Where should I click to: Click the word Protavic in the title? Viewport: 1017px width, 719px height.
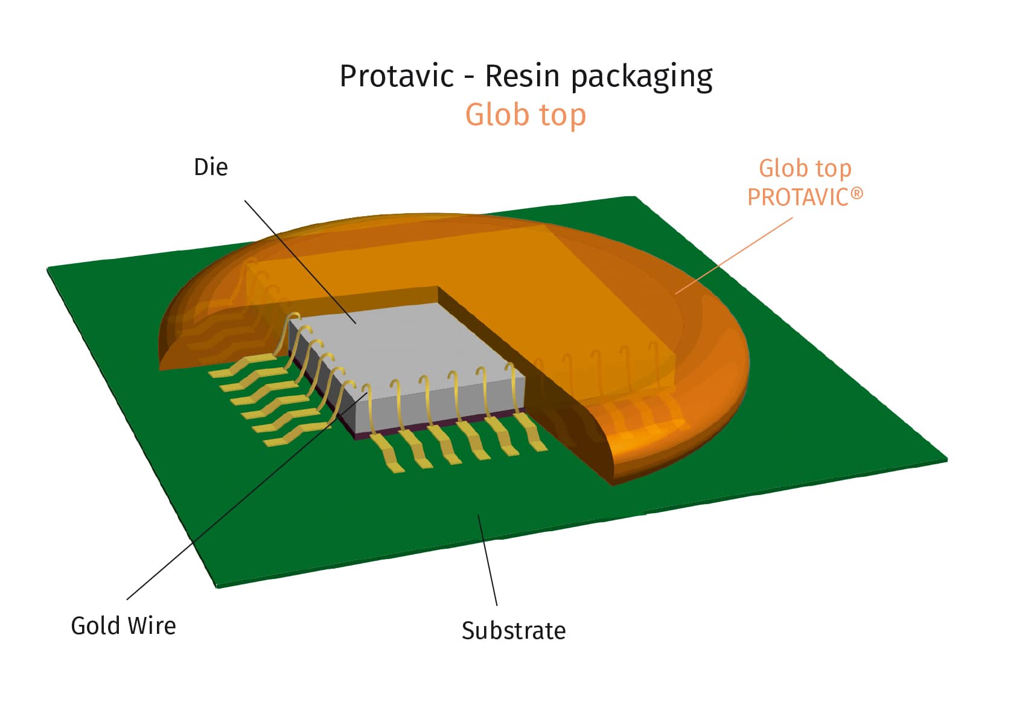coord(397,76)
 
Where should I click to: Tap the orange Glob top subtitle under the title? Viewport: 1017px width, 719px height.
coord(525,115)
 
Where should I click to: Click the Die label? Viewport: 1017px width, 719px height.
coord(211,167)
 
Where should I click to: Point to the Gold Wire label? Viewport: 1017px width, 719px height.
coord(123,625)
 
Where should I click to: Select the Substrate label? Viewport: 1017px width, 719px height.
coord(514,630)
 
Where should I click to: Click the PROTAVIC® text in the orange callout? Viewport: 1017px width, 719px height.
coord(797,197)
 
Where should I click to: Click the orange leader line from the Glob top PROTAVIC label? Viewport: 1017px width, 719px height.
coord(733,256)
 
